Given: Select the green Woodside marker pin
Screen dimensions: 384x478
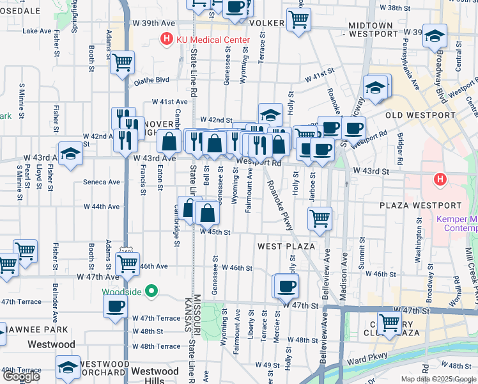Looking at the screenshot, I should [x=151, y=291].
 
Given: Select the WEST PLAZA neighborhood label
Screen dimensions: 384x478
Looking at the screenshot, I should [x=286, y=246].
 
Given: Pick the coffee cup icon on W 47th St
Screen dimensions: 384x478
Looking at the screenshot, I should [x=286, y=285].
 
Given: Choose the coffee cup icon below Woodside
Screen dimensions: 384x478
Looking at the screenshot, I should [x=116, y=305].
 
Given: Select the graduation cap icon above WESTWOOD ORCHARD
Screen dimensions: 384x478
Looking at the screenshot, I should [x=68, y=367].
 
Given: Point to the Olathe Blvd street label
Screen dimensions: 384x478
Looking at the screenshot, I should [x=151, y=81].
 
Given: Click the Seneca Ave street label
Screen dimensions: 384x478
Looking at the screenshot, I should [x=102, y=182].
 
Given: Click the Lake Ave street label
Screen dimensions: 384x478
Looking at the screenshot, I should [x=38, y=31].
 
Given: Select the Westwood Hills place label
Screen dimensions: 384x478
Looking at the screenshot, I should [x=155, y=376].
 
